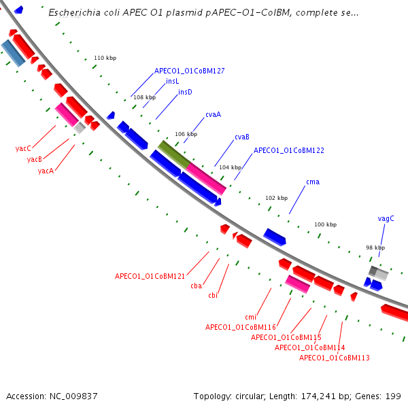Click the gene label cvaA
point(213,114)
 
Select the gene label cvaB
point(241,137)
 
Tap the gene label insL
point(173,81)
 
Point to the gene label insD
point(185,92)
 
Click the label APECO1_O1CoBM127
point(189,70)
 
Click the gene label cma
point(313,182)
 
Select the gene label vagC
point(386,218)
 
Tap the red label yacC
point(23,148)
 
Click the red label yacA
point(46,171)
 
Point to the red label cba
point(196,286)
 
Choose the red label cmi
point(250,317)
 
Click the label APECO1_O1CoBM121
point(150,276)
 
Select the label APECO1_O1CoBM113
point(334,358)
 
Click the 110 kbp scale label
point(105,58)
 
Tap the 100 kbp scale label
point(325,224)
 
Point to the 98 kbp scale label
point(375,248)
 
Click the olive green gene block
point(173,154)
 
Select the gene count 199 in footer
point(394,396)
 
